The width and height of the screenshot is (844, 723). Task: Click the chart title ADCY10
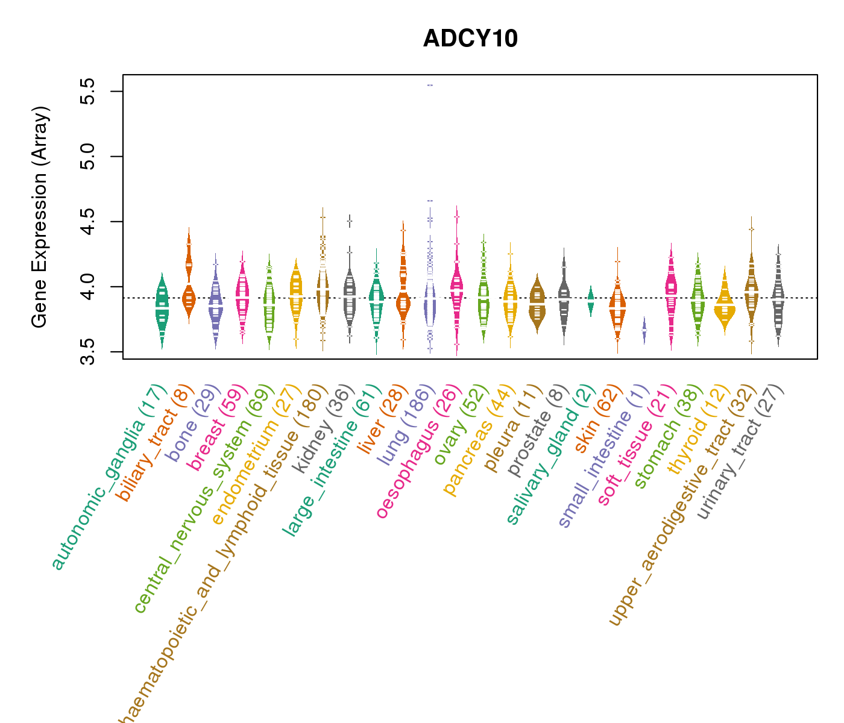[470, 39]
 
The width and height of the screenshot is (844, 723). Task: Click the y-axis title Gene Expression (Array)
[40, 217]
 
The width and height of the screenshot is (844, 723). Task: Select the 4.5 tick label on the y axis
[89, 222]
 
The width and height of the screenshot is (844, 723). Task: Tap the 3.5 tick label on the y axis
[89, 352]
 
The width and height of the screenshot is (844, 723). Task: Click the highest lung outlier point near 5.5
[430, 86]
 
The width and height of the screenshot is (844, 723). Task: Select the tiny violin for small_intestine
[644, 331]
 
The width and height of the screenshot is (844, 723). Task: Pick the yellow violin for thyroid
[725, 307]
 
